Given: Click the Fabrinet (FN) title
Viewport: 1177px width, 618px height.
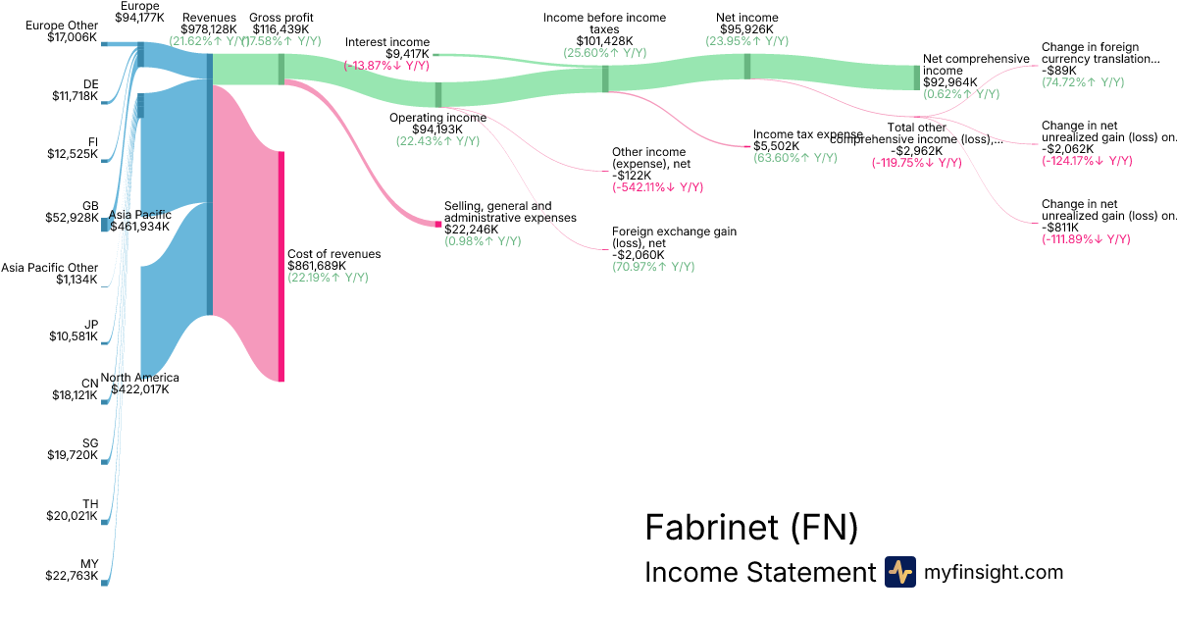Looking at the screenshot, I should coord(751,528).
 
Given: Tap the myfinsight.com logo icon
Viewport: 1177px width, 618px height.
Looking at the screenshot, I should coord(899,572).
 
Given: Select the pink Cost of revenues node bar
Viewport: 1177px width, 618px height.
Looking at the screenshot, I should coord(281,265).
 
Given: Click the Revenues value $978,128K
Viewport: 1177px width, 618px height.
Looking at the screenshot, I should coord(208,29).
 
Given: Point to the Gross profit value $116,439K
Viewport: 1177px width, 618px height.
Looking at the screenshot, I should coord(281,29).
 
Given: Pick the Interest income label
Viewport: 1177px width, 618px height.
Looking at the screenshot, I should coord(387,42).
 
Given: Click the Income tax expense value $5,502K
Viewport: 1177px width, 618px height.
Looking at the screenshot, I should coord(777,146).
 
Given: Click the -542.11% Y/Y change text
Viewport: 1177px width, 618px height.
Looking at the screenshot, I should coord(657,186).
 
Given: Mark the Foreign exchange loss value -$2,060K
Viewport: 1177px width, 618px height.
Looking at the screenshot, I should coord(639,254).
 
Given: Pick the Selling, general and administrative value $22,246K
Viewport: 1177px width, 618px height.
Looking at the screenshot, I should coord(471,230).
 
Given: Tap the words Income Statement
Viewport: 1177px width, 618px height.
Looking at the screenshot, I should coord(759,573).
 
